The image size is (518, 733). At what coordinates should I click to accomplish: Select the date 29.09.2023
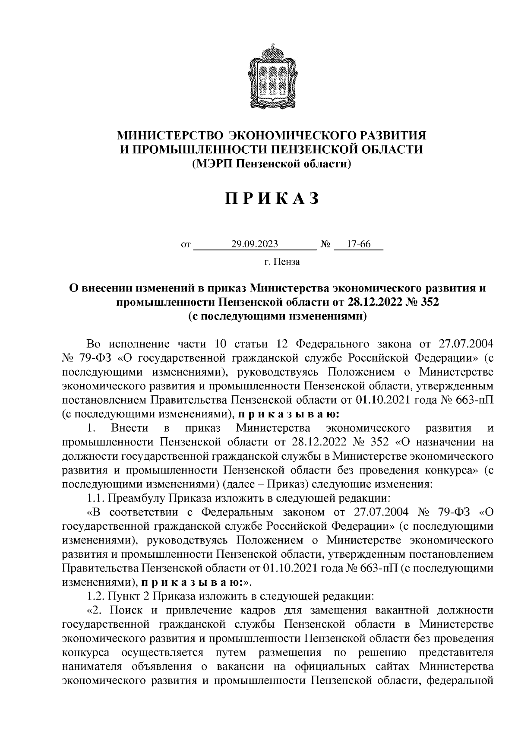tap(254, 244)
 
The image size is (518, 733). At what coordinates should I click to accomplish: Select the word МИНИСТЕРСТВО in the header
tap(169, 136)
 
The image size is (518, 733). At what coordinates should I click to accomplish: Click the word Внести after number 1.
tap(129, 428)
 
